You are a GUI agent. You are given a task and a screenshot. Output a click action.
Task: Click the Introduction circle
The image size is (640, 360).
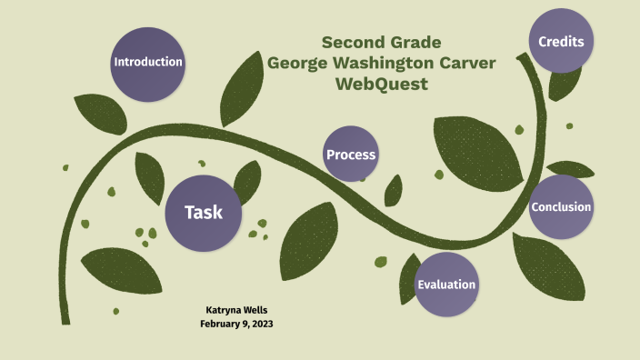tap(147, 63)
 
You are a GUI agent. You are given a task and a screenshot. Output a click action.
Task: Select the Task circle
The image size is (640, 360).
tap(203, 212)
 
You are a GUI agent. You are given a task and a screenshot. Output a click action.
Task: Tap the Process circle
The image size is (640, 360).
tap(351, 155)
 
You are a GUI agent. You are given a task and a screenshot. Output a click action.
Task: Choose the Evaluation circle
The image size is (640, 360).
tap(446, 285)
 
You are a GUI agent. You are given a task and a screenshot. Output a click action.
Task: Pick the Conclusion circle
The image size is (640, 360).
tap(561, 206)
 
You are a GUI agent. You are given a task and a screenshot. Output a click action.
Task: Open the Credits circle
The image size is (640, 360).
tap(561, 42)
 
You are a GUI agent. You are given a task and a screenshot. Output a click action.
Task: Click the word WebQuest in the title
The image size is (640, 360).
tap(381, 85)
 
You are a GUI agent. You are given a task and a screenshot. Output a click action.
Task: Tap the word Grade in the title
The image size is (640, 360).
tap(417, 43)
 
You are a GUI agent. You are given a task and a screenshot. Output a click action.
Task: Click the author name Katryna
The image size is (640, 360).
tap(217, 309)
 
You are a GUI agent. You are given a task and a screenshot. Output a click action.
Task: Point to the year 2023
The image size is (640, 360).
tap(260, 323)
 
